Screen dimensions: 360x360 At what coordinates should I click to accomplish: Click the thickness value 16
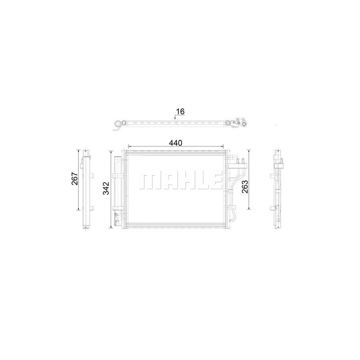click(180, 112)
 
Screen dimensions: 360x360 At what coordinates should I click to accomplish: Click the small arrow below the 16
click(175, 117)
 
